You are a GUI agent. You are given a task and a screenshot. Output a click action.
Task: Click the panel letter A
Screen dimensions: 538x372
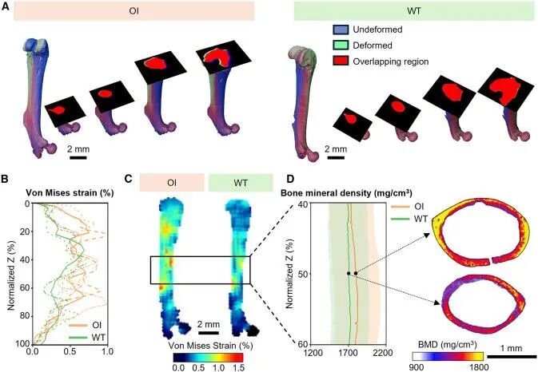pyautogui.click(x=6, y=7)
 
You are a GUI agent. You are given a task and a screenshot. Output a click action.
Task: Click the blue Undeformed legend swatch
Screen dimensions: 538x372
pyautogui.click(x=341, y=30)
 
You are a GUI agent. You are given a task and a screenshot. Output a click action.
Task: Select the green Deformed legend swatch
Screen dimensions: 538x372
pyautogui.click(x=341, y=46)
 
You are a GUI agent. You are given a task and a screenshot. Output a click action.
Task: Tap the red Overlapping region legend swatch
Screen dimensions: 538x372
pyautogui.click(x=341, y=61)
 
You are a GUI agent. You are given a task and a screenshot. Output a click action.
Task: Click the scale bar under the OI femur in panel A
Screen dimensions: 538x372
pyautogui.click(x=78, y=157)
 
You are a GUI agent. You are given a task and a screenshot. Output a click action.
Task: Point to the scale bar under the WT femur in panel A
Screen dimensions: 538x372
pyautogui.click(x=336, y=157)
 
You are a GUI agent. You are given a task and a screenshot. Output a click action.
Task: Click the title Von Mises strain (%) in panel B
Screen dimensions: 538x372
pyautogui.click(x=70, y=193)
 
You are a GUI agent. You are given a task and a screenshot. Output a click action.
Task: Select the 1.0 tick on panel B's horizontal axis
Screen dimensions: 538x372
pyautogui.click(x=107, y=351)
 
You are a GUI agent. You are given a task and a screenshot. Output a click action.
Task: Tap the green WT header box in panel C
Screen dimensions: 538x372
pyautogui.click(x=241, y=183)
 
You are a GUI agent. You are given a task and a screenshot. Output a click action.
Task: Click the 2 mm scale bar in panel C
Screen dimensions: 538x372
pyautogui.click(x=209, y=333)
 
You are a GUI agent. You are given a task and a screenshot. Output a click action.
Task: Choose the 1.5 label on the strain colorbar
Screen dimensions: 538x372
pyautogui.click(x=238, y=367)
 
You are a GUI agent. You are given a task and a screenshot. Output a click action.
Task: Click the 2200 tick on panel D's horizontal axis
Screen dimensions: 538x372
pyautogui.click(x=384, y=353)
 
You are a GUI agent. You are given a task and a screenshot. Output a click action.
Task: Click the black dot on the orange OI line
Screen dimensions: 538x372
pyautogui.click(x=356, y=273)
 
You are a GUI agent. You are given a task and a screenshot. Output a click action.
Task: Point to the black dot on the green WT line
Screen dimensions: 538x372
pyautogui.click(x=349, y=273)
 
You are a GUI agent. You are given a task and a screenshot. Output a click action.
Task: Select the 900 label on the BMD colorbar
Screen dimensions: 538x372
pyautogui.click(x=416, y=367)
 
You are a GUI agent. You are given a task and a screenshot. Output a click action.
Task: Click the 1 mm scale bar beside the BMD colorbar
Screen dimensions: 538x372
pyautogui.click(x=512, y=357)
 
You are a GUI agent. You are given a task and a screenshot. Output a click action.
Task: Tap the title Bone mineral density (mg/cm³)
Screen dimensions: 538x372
pyautogui.click(x=347, y=193)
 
